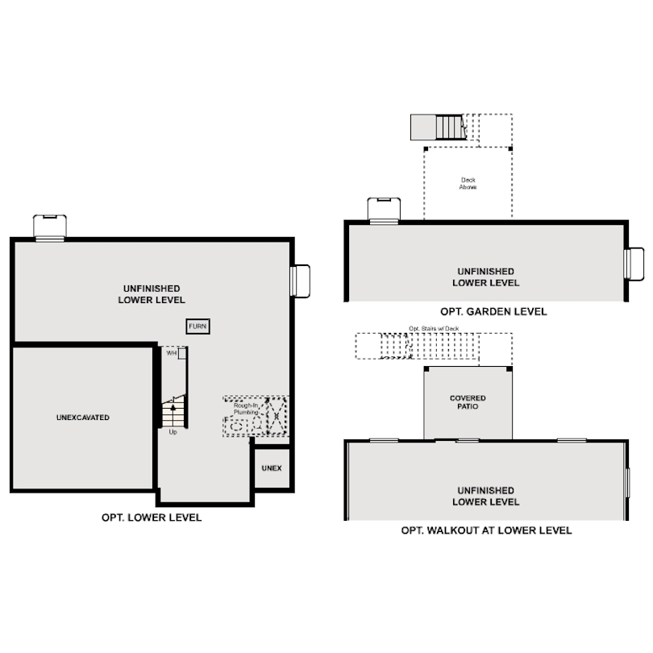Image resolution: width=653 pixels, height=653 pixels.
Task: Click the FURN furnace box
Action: (x=198, y=326)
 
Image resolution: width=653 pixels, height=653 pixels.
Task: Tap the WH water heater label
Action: (x=172, y=353)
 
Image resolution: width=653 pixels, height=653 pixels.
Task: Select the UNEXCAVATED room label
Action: (x=83, y=418)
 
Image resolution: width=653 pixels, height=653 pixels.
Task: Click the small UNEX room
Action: (x=272, y=468)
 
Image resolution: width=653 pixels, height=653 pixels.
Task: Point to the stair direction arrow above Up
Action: (x=173, y=408)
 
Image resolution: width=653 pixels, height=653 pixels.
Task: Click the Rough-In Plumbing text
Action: (x=246, y=409)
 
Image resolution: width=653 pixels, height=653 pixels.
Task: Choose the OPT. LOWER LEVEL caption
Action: (x=152, y=518)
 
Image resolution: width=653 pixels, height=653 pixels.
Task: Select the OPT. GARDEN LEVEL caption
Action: (x=493, y=311)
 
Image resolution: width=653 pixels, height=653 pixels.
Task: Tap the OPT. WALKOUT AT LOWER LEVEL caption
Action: (x=486, y=530)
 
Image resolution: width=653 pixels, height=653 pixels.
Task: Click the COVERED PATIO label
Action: (x=468, y=402)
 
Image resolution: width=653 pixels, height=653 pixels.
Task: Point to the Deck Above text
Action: (x=468, y=183)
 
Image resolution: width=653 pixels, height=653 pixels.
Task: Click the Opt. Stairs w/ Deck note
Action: (x=433, y=328)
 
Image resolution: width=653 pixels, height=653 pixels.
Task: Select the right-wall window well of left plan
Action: (x=300, y=281)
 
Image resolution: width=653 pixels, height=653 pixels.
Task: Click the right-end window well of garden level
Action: (x=634, y=264)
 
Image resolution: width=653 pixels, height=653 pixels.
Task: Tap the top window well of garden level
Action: (x=384, y=209)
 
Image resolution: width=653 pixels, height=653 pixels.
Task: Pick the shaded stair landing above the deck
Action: (x=425, y=127)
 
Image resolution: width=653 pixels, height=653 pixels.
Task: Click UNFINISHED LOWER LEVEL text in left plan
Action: (x=152, y=294)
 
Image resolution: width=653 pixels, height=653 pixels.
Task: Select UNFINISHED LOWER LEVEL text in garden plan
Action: (x=485, y=277)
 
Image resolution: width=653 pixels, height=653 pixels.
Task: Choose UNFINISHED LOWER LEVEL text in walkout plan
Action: (x=485, y=496)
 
